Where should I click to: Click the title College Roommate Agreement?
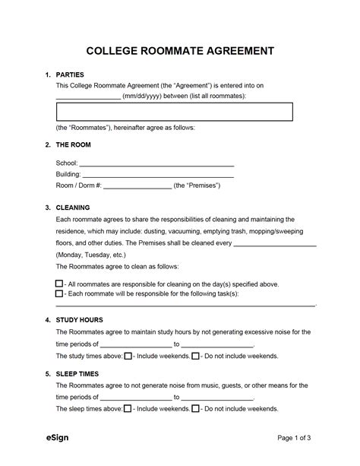click(x=179, y=52)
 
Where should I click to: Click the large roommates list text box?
click(x=174, y=113)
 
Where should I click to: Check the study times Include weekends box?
click(x=128, y=355)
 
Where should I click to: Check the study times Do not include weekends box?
click(x=195, y=355)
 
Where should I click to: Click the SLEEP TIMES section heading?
click(x=79, y=374)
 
